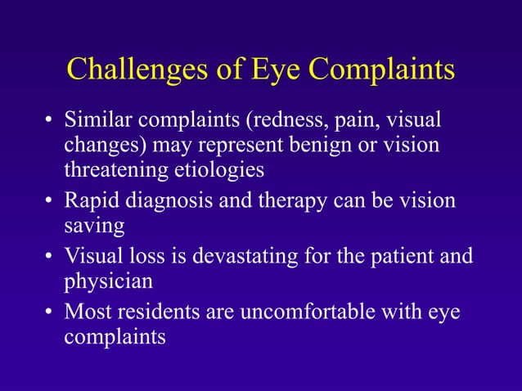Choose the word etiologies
point(223,171)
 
